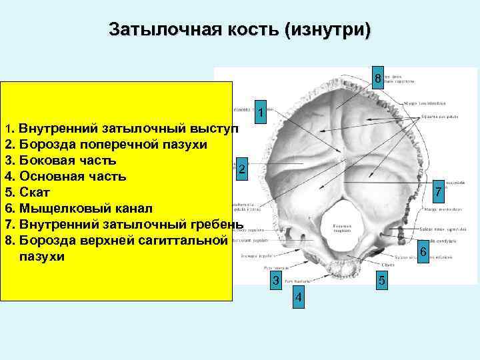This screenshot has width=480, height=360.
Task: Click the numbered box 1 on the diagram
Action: pos(262,114)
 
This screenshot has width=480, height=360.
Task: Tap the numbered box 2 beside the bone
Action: pos(243,169)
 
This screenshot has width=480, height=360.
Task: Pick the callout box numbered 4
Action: pos(299,298)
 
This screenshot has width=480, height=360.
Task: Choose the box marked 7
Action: pos(438,191)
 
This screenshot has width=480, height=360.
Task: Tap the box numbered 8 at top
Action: pos(377,78)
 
